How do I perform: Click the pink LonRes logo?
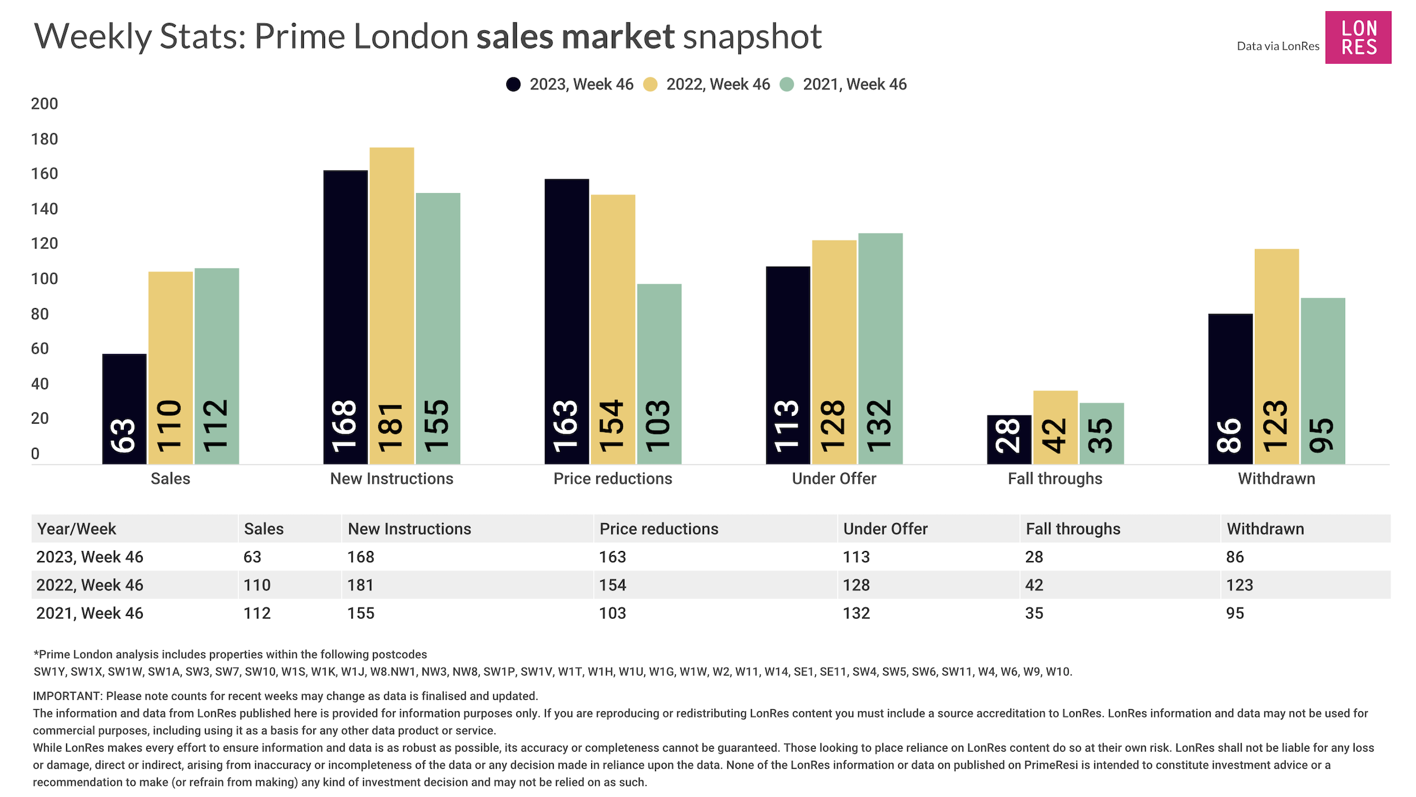1358,37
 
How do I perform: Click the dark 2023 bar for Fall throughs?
1009,439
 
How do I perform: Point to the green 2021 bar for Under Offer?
880,348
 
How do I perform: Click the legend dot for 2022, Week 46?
650,84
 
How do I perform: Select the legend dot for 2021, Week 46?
786,84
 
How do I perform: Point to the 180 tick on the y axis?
44,139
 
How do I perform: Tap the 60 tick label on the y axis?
40,349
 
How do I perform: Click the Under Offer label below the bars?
834,478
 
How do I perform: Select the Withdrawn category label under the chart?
1276,478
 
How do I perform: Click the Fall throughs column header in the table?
1073,529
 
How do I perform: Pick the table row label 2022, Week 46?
90,585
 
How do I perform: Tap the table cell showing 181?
360,585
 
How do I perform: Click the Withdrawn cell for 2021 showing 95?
1235,613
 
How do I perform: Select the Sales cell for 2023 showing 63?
252,557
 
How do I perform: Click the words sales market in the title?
575,37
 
